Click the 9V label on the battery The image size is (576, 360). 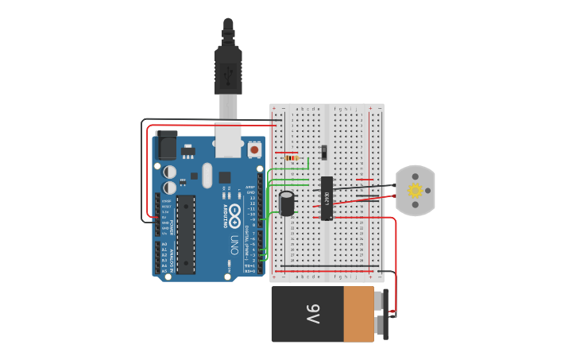tap(313, 315)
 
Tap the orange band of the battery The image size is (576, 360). tap(358, 315)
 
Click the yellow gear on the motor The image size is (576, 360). tap(415, 190)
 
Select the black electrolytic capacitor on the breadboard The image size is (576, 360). tap(287, 203)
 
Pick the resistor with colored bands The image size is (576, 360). tap(292, 157)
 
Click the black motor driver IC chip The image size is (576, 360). tap(327, 198)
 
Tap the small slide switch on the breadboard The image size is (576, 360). tap(323, 150)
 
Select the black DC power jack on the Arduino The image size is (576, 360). tap(167, 146)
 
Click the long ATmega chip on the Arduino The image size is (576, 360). tap(185, 234)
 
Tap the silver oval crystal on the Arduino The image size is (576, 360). tap(207, 175)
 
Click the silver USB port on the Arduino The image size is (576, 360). tap(229, 137)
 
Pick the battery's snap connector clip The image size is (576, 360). tap(385, 314)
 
